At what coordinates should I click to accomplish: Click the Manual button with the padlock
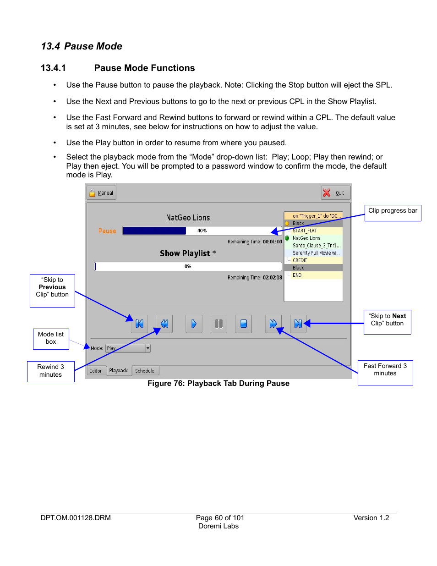(x=101, y=193)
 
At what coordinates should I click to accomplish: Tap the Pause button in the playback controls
(x=219, y=324)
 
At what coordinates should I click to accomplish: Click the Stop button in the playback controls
(x=244, y=324)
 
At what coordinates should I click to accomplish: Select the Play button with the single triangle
(x=194, y=324)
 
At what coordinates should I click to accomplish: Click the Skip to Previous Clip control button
(x=140, y=324)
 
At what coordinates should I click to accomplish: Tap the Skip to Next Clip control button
(x=298, y=324)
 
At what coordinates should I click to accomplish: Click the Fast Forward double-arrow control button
(x=273, y=324)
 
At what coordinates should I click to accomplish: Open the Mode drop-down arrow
(x=147, y=348)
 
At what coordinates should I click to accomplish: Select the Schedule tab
(x=145, y=371)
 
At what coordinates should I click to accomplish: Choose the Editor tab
(x=96, y=371)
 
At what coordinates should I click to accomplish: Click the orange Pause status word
(x=107, y=231)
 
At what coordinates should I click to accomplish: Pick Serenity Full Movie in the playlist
(x=316, y=253)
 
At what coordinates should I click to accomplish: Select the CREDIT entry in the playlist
(x=300, y=260)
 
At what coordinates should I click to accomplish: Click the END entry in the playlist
(x=297, y=275)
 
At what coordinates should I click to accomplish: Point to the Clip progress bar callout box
(x=393, y=213)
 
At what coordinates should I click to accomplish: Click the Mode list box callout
(x=51, y=339)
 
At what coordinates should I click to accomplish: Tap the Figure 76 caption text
(x=218, y=384)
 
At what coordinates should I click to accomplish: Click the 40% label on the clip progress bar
(x=202, y=231)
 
